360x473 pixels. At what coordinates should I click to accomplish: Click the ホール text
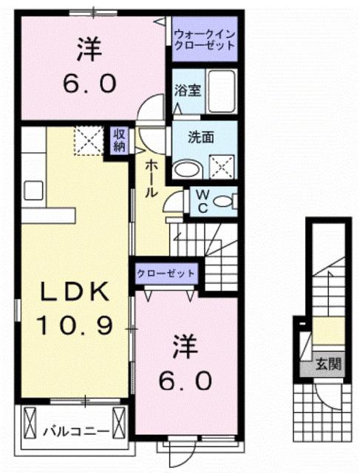coord(149,178)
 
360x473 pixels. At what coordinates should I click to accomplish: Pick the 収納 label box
coord(119,140)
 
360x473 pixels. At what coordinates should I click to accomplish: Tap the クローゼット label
coord(166,273)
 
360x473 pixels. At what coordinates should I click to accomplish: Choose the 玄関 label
coord(330,363)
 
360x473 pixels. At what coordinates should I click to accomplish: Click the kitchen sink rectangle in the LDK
coord(33,190)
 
